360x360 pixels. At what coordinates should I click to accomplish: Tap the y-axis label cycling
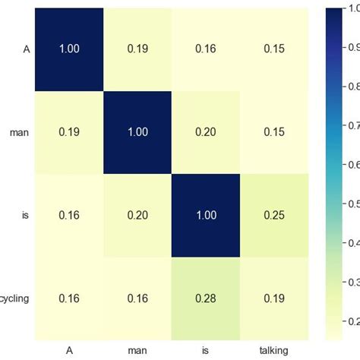tap(14, 298)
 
